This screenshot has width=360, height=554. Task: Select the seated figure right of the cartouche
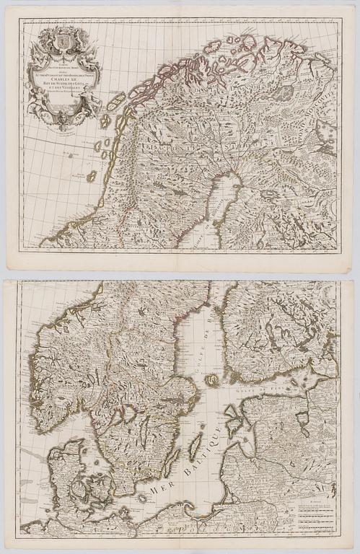click(94, 100)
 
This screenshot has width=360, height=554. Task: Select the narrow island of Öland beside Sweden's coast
click(170, 462)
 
